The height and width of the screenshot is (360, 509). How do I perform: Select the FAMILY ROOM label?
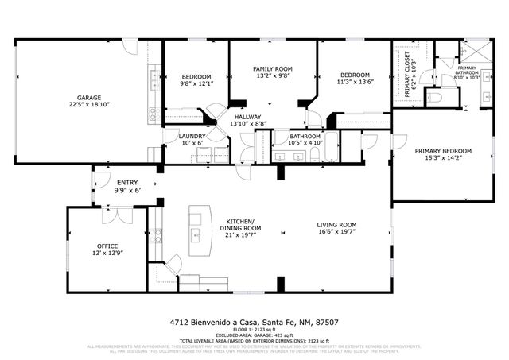point(273,69)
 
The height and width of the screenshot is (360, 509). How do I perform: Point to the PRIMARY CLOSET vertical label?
point(408,74)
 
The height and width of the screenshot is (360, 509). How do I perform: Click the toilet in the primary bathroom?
point(433,96)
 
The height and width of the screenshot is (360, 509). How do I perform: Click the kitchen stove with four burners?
point(156,235)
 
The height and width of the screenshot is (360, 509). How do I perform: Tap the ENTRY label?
point(127,182)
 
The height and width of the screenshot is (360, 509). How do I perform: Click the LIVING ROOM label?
point(336,225)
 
